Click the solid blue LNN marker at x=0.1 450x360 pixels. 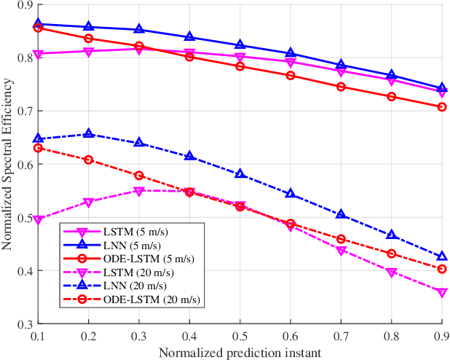pyautogui.click(x=39, y=24)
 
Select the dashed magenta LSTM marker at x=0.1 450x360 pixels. pyautogui.click(x=39, y=219)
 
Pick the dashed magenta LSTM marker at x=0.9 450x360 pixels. pyautogui.click(x=442, y=292)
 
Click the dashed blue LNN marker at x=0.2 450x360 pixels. pyautogui.click(x=89, y=134)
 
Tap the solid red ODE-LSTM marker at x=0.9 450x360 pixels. pyautogui.click(x=442, y=107)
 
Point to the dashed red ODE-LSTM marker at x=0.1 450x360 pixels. pyautogui.click(x=39, y=148)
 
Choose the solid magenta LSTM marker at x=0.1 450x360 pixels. pyautogui.click(x=39, y=54)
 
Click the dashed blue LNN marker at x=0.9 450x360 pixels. pyautogui.click(x=442, y=257)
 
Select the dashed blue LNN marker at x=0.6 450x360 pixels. pyautogui.click(x=291, y=194)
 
